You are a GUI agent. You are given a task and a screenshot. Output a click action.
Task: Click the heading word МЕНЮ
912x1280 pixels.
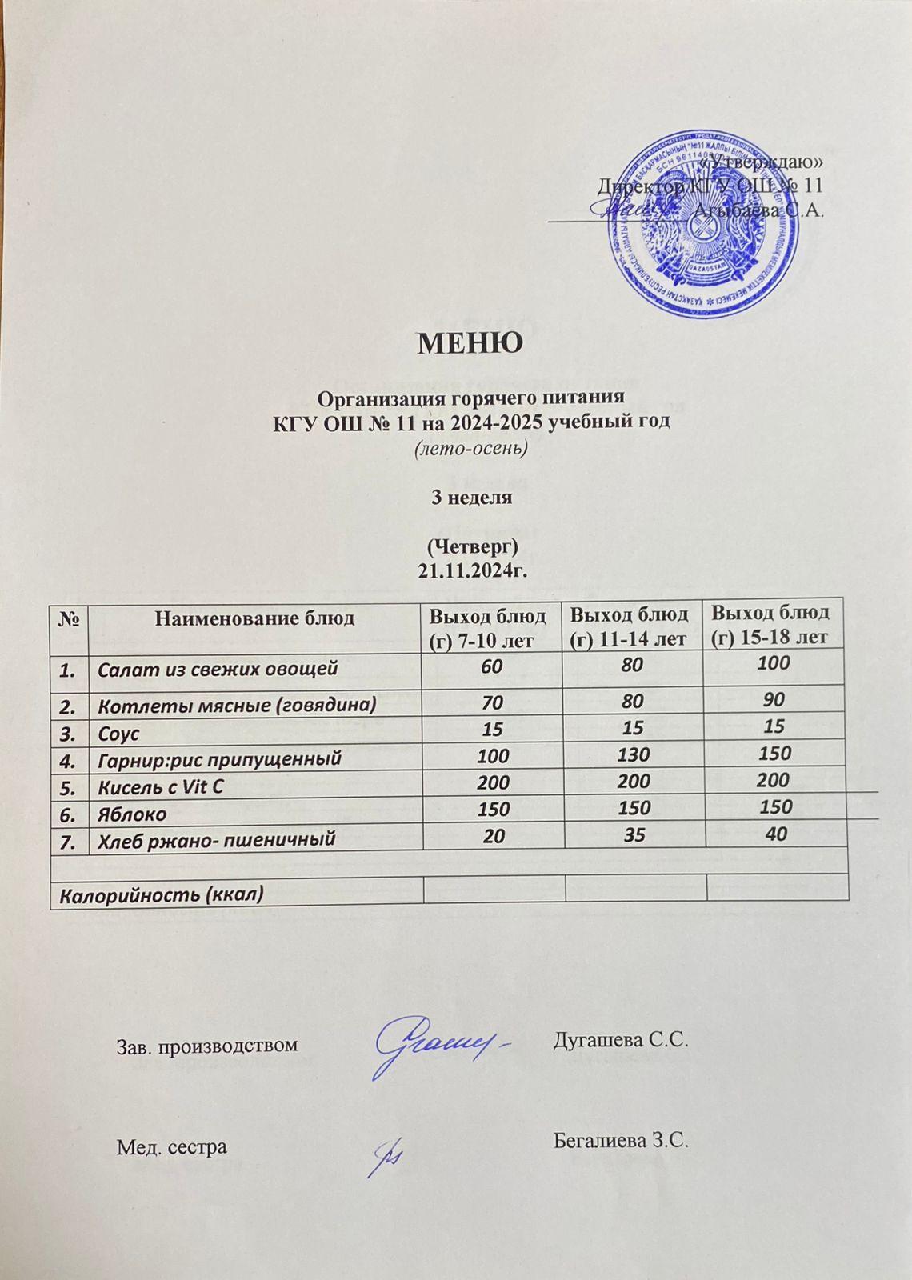click(x=470, y=343)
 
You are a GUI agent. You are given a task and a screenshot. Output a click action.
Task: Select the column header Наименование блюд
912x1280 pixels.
click(x=254, y=618)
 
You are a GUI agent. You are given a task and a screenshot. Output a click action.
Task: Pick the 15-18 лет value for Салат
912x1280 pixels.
click(x=774, y=662)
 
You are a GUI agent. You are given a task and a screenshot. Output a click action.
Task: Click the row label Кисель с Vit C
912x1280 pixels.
click(x=160, y=786)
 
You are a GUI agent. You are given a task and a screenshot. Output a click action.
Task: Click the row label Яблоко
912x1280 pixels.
click(x=132, y=814)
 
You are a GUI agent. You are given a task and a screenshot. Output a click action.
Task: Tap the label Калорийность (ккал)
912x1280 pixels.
click(x=158, y=894)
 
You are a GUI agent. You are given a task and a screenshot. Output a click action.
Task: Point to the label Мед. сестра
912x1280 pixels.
click(x=172, y=1146)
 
